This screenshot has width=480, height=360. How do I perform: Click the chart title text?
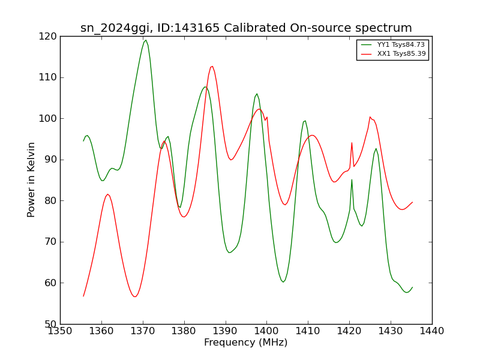click(x=246, y=28)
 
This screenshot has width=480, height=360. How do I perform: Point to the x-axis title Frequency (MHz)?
click(x=246, y=343)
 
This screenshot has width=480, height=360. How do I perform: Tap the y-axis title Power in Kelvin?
click(x=32, y=179)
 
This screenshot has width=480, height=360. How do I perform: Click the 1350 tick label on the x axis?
click(x=60, y=331)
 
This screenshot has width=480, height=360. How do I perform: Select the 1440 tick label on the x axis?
click(x=432, y=331)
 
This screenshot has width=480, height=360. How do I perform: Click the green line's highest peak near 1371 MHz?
click(x=146, y=40)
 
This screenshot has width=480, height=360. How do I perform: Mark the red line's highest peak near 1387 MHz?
click(x=212, y=66)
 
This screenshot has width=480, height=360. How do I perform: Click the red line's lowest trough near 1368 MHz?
click(x=135, y=296)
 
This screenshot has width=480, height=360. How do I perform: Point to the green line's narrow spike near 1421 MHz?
click(x=352, y=179)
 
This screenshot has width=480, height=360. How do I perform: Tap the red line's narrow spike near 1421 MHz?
click(x=352, y=143)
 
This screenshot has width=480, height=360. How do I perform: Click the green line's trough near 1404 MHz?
click(x=283, y=282)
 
